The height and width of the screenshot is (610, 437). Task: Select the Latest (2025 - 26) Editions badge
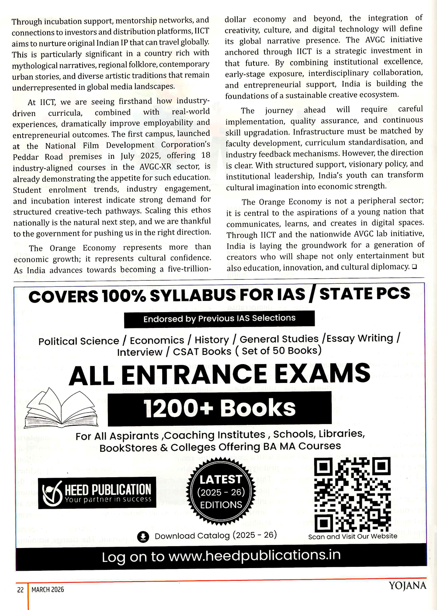pos(221,492)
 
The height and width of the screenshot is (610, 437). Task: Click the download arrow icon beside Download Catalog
pos(143,537)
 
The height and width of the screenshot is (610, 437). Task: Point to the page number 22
pos(21,590)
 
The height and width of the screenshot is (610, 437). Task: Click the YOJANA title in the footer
pos(407,586)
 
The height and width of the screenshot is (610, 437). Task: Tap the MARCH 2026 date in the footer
pos(48,590)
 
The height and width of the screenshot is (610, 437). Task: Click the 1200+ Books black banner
pos(219,408)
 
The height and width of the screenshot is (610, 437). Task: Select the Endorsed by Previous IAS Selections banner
pos(219,319)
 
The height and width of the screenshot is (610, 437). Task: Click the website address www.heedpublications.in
pos(254,555)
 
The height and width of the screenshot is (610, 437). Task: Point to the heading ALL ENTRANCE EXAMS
pos(219,375)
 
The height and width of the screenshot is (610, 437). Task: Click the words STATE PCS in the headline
pos(364,294)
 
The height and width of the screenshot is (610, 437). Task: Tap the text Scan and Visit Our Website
pos(353,536)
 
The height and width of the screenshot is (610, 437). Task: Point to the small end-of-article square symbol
pos(414,266)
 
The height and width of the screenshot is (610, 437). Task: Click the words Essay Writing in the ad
pos(360,338)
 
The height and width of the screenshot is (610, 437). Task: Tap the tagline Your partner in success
pos(108,500)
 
